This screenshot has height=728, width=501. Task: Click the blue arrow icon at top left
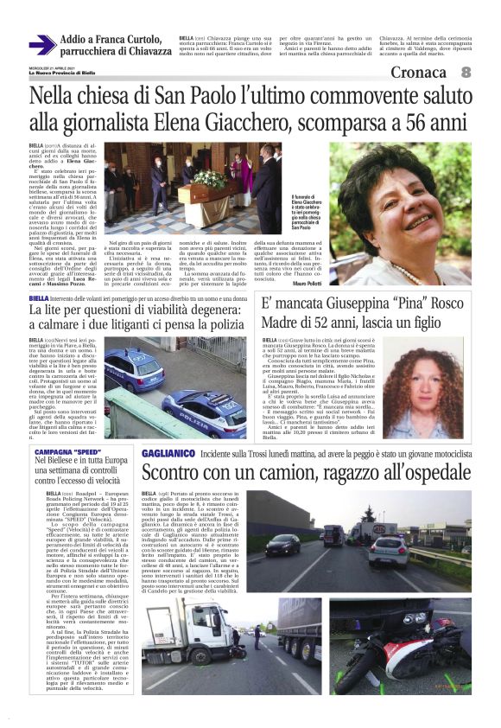coord(41,46)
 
